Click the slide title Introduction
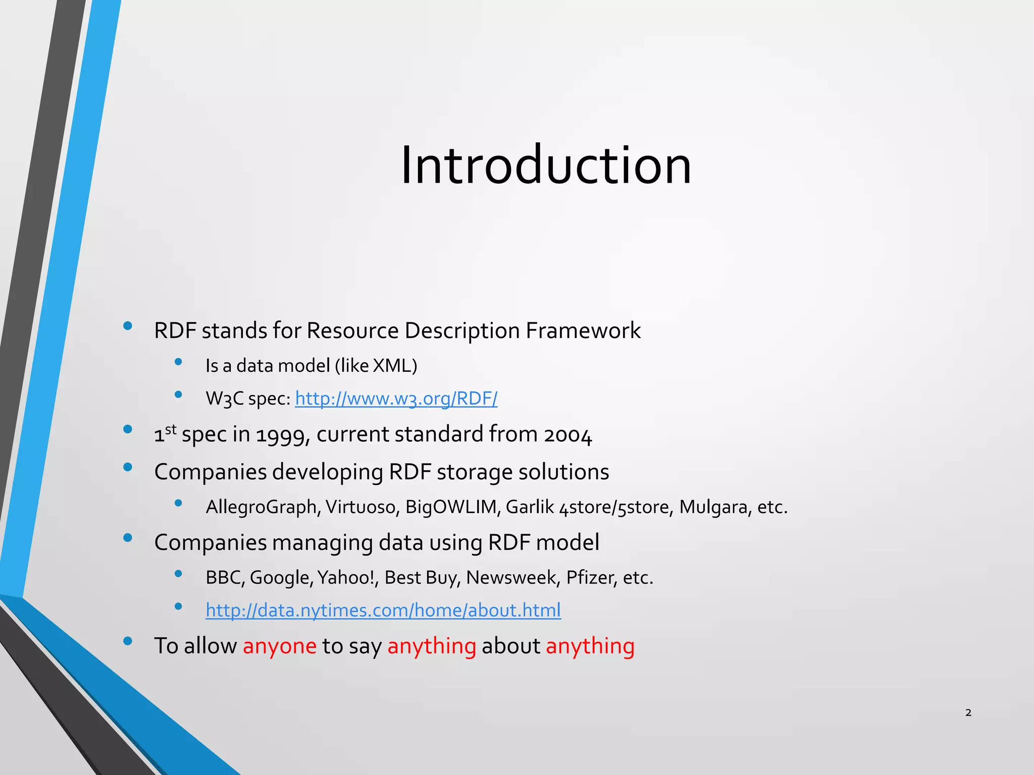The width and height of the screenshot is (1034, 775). tap(545, 165)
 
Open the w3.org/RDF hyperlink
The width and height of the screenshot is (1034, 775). tap(396, 399)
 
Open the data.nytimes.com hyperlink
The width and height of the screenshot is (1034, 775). tap(383, 611)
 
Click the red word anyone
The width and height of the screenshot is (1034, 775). tap(279, 646)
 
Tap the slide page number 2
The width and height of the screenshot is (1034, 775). tap(968, 712)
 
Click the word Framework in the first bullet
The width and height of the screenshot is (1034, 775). tap(583, 331)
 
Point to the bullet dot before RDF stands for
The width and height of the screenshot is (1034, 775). tap(128, 326)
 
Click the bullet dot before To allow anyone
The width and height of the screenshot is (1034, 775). tap(128, 641)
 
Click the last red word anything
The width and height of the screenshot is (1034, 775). tap(590, 646)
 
